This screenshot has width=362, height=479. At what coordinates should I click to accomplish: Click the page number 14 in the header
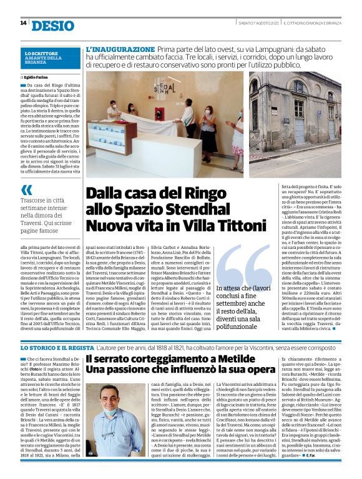(23, 23)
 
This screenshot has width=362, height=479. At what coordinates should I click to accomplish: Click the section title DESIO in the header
(52, 24)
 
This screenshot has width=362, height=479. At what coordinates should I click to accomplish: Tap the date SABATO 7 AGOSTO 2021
(258, 23)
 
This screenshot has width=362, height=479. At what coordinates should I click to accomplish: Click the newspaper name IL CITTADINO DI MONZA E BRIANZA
(311, 23)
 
